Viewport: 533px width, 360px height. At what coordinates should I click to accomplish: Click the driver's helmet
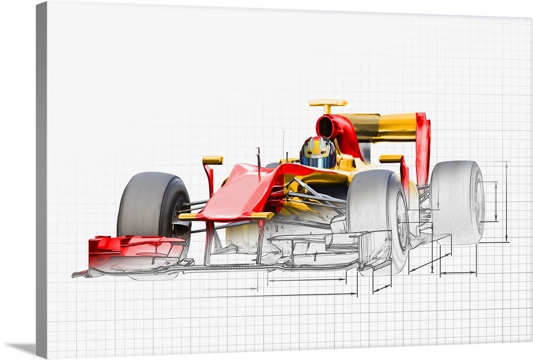(318, 153)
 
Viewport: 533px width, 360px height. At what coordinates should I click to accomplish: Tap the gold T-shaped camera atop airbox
(327, 103)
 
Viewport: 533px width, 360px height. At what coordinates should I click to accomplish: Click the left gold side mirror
(213, 160)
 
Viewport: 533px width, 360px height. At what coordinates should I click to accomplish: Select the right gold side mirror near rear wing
(391, 159)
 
